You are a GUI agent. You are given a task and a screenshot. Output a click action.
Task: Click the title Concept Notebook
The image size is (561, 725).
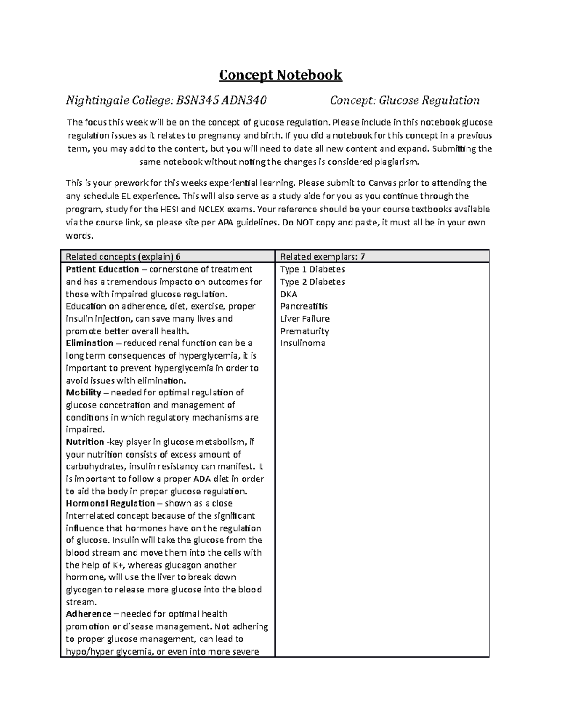click(280, 75)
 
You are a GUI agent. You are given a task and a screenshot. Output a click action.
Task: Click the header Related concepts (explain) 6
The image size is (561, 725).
click(123, 256)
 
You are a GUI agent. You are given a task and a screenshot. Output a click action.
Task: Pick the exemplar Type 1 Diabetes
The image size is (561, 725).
click(312, 269)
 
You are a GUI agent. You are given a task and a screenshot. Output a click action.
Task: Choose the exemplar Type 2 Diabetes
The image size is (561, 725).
click(312, 282)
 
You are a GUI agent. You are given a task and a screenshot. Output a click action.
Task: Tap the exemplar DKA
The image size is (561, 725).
click(288, 294)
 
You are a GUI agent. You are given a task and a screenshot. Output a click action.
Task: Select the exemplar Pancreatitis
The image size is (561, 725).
click(304, 306)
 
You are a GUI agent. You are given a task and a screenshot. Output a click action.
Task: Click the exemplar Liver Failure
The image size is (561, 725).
click(305, 319)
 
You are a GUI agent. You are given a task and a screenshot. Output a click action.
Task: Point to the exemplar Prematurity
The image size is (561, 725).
click(304, 331)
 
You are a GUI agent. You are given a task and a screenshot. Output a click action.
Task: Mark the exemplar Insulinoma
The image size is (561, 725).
click(302, 343)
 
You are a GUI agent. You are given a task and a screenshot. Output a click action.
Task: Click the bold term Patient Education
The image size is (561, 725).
click(102, 269)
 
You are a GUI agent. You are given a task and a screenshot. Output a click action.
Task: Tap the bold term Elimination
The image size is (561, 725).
click(89, 343)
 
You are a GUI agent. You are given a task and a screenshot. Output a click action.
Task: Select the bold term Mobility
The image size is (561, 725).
click(83, 393)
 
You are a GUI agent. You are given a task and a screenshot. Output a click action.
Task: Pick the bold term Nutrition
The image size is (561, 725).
click(85, 442)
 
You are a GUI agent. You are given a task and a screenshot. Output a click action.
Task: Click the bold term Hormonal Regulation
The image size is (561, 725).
click(110, 503)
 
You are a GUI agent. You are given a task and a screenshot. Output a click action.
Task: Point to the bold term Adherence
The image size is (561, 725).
click(88, 614)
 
